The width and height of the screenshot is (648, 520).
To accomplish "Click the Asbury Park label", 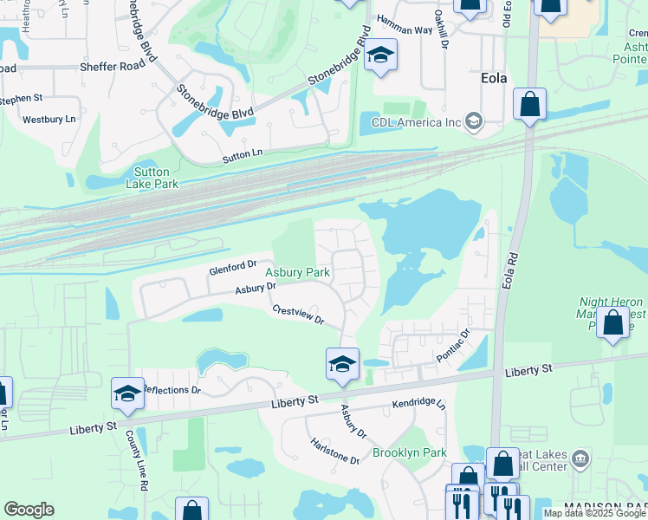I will [297, 272].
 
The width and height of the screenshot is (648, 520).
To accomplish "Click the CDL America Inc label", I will [416, 121].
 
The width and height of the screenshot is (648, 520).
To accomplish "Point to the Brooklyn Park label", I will [410, 452].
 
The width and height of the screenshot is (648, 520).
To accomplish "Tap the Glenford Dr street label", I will [233, 268].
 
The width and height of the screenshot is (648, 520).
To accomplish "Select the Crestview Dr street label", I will [297, 315].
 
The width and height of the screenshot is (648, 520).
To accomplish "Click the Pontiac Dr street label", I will [452, 345].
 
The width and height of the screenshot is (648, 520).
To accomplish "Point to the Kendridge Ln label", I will [418, 405].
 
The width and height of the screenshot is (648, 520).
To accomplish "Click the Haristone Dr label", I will [336, 450].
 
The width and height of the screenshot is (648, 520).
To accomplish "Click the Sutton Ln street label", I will [242, 154].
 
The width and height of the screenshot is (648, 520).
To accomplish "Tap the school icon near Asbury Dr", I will [342, 362].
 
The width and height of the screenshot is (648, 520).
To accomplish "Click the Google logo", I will [29, 510].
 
